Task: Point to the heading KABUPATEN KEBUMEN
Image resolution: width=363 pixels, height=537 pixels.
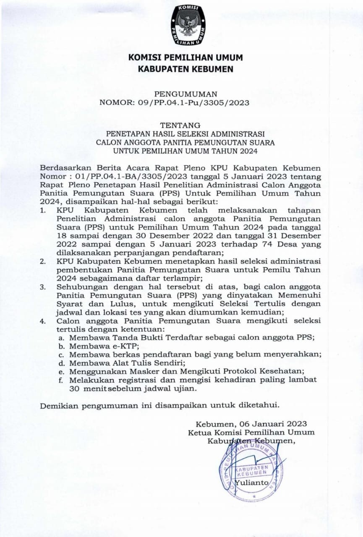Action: tap(185, 69)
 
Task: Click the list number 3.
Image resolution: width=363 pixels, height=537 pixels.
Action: tap(42, 287)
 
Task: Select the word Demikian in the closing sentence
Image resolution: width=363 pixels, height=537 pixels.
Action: tap(59, 406)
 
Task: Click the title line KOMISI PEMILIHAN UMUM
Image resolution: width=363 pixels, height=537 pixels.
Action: tap(185, 57)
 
